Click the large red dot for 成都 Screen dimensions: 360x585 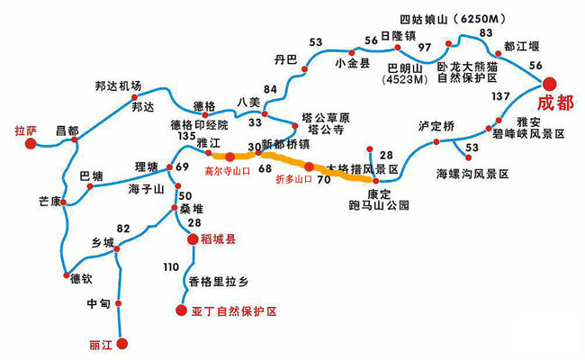tap(551, 77)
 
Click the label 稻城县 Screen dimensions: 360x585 tap(218, 239)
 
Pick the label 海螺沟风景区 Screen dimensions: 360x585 tap(472, 173)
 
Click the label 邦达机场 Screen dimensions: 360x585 tap(118, 85)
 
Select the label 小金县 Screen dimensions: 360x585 tap(352, 62)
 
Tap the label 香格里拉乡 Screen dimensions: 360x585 tap(219, 282)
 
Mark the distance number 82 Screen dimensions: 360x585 tap(123, 229)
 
